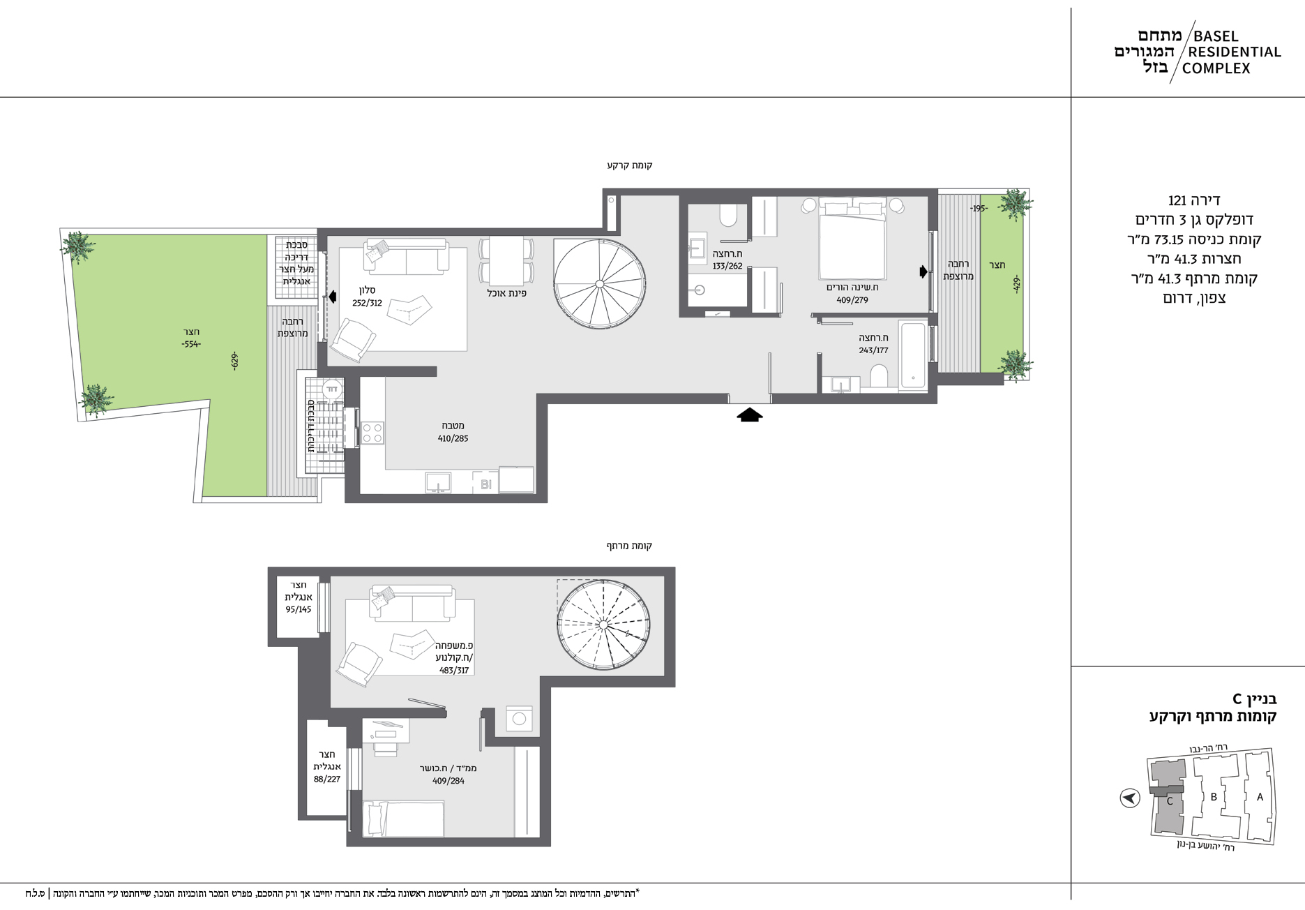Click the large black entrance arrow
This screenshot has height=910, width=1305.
[x=750, y=415]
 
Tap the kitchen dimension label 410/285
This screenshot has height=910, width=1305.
[x=453, y=438]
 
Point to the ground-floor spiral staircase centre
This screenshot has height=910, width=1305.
[x=599, y=283]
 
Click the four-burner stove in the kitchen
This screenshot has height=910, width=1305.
[x=372, y=433]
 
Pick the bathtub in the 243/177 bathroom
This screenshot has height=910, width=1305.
[x=912, y=355]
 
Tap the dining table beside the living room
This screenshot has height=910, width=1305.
[x=506, y=260]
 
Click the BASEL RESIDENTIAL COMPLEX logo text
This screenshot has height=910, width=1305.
[x=1232, y=52]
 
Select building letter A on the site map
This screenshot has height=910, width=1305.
[x=1260, y=797]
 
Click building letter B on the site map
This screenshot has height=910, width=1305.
[x=1214, y=797]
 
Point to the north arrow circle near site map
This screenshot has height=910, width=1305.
[x=1130, y=798]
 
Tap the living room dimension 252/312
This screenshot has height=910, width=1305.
[x=367, y=303]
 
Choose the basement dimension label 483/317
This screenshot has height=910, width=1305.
[x=454, y=670]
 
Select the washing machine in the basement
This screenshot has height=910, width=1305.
[x=518, y=718]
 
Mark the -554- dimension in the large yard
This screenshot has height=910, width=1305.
[x=191, y=344]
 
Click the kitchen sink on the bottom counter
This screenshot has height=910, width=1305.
[x=438, y=482]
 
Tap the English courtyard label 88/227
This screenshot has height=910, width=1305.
[x=327, y=779]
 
